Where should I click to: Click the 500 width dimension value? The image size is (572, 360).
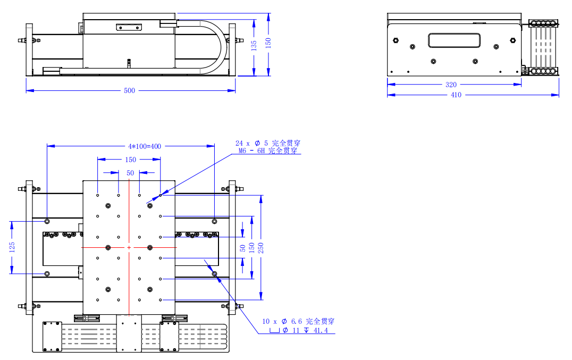(x=129, y=90)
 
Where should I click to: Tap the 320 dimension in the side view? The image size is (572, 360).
(x=451, y=85)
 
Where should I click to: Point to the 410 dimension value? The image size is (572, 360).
(x=456, y=95)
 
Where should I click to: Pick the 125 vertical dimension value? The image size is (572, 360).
(x=12, y=247)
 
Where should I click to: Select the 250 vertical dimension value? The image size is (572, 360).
(x=261, y=248)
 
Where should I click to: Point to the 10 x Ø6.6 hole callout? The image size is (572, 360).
(x=298, y=321)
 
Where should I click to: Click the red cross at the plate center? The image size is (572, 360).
(x=129, y=247)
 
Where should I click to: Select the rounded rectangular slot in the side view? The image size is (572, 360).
(x=455, y=40)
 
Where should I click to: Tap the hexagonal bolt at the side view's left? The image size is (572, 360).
(x=396, y=40)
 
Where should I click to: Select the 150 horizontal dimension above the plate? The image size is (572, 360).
(x=130, y=160)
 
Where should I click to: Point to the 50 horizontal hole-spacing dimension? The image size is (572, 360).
(x=130, y=173)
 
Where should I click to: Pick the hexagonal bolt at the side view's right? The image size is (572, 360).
(x=513, y=40)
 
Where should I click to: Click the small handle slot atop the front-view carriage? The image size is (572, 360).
(x=129, y=27)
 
